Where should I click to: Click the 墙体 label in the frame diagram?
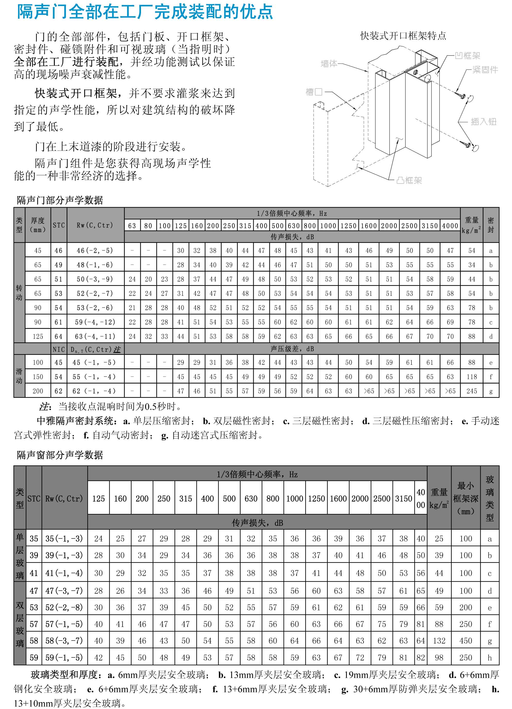[x=329, y=64]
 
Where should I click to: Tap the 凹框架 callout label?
[x=467, y=56]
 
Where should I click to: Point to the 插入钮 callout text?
[x=483, y=122]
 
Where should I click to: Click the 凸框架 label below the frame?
[x=409, y=180]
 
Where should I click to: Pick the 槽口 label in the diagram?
[x=314, y=92]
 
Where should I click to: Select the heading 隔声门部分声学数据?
[x=60, y=200]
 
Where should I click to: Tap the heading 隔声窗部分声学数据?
[x=60, y=455]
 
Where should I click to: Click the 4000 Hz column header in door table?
[x=450, y=226]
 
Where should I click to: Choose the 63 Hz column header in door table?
[x=132, y=226]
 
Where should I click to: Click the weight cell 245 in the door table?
[x=472, y=391]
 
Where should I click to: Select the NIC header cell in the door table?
[x=59, y=349]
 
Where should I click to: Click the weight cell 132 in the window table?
[x=439, y=641]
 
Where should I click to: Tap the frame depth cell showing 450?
[x=465, y=641]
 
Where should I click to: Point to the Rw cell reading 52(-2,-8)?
[x=64, y=607]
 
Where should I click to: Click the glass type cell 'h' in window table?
[x=490, y=658]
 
